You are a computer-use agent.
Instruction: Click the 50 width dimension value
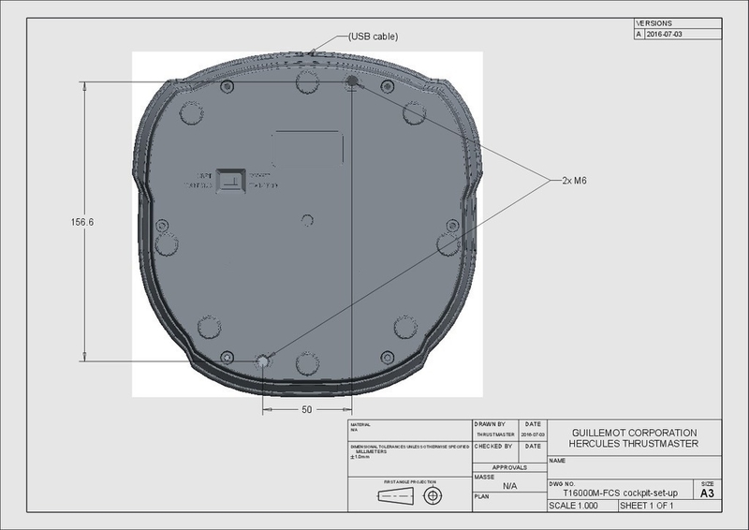[x=306, y=410]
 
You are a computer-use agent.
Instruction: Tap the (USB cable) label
[x=374, y=37]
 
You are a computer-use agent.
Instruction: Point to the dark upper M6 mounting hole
[x=352, y=83]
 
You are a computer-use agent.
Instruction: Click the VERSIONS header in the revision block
[x=654, y=22]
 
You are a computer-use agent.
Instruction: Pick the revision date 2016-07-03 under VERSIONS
[x=667, y=33]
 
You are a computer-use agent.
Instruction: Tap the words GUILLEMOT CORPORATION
[x=634, y=433]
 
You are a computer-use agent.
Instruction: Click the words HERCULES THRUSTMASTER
[x=634, y=444]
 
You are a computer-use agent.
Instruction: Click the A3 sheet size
[x=707, y=493]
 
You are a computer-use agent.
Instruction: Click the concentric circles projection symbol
[x=433, y=495]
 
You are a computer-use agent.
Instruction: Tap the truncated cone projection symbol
[x=394, y=496]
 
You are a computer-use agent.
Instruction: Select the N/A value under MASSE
[x=510, y=486]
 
